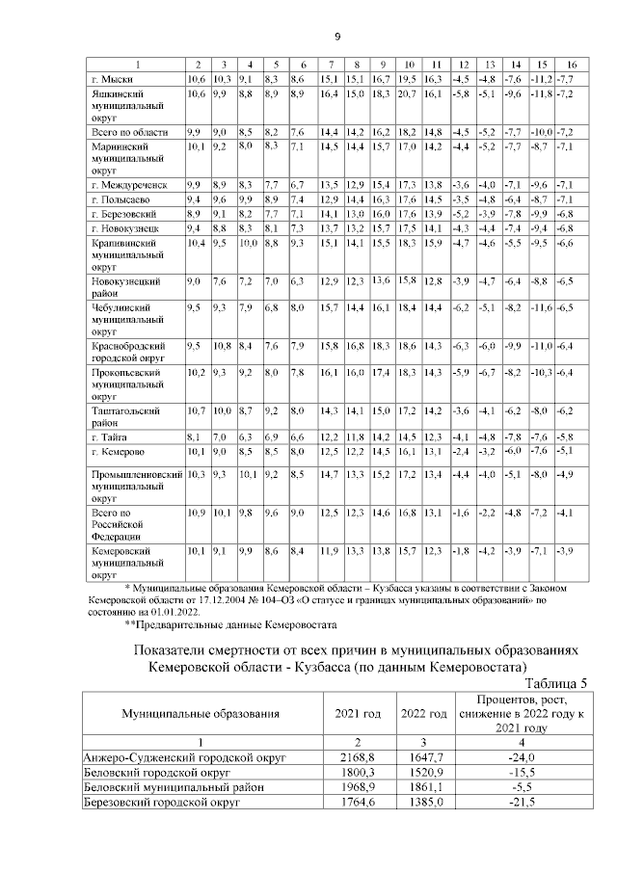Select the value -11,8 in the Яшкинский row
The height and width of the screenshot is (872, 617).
click(544, 93)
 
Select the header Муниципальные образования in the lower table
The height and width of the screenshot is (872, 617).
click(201, 713)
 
